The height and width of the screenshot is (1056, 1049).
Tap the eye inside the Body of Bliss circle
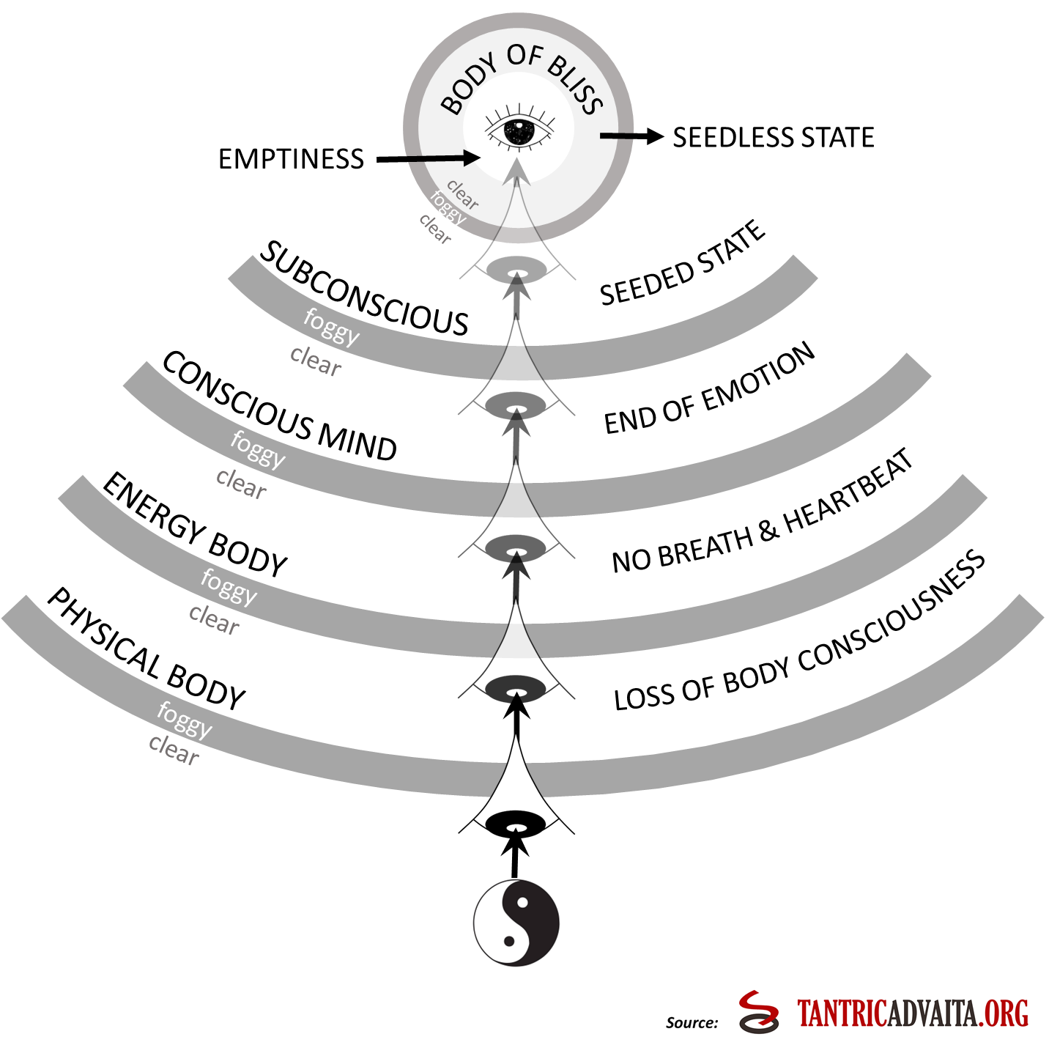(x=519, y=132)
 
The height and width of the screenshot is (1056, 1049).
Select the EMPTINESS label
(x=291, y=159)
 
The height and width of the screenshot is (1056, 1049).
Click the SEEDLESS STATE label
(x=774, y=138)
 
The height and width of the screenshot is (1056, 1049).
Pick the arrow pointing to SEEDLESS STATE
(x=630, y=136)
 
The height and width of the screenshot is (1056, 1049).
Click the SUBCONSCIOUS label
(x=363, y=290)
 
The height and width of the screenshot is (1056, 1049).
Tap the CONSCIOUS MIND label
(x=279, y=407)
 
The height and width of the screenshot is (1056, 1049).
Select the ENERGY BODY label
(x=195, y=526)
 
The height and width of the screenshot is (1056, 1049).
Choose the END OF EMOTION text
(x=709, y=390)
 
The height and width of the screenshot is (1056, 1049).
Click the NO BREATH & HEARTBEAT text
(x=763, y=513)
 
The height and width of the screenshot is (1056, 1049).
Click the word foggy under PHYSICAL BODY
(x=185, y=720)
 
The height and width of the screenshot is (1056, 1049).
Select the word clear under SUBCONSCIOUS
(x=316, y=361)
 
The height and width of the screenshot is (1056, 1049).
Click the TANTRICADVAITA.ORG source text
(x=913, y=1013)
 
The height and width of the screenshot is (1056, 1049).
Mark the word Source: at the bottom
(x=692, y=1023)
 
